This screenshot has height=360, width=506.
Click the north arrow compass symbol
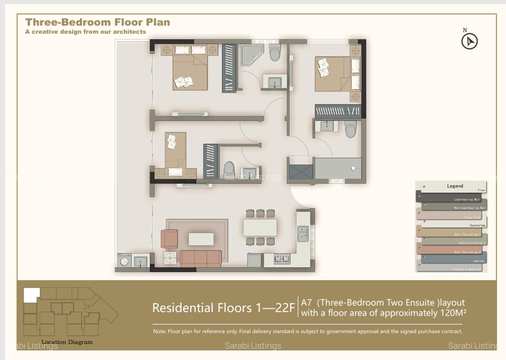[469, 41]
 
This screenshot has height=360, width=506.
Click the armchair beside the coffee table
[170, 238]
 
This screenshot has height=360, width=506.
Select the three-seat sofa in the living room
[201, 258]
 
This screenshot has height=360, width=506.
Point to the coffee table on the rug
[201, 239]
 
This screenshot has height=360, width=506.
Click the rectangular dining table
[260, 227]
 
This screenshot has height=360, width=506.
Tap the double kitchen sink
[303, 234]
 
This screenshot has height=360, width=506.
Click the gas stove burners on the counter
[282, 259]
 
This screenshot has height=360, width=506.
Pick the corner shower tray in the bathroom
[252, 55]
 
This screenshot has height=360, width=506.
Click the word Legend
[455, 186]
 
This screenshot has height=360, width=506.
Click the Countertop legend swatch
[453, 222]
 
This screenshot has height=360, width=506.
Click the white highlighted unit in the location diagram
[32, 295]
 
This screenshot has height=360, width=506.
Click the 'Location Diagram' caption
[67, 342]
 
